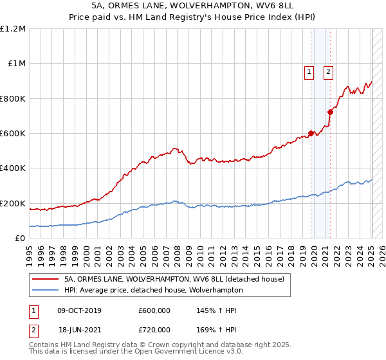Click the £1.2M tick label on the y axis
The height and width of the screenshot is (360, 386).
13,29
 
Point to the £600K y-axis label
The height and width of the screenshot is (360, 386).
13,134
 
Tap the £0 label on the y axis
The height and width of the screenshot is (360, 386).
20,239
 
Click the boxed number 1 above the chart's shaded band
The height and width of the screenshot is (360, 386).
309,72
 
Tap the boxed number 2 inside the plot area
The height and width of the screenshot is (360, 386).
328,72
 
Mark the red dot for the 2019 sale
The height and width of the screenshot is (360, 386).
311,134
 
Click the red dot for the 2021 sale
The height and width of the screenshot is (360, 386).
330,112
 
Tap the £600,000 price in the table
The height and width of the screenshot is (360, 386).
154,310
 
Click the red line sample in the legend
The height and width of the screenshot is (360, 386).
45,279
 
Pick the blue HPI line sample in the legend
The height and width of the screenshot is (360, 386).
45,290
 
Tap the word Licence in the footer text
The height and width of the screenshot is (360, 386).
176,352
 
